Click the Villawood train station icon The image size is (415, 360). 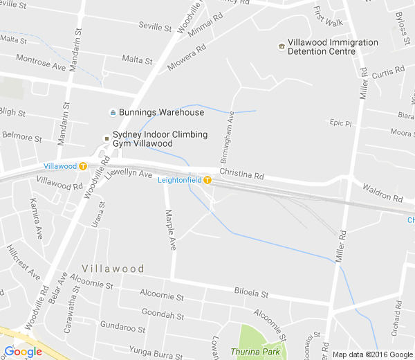coord(83,166)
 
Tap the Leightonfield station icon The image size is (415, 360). coord(207,181)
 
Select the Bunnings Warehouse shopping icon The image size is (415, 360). coord(112,113)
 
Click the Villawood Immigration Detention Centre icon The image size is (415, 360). coord(282,47)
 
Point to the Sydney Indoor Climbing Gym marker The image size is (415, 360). coord(107,138)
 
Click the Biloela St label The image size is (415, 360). coord(250,293)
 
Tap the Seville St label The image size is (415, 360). coord(154,27)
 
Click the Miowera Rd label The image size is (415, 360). coord(187,59)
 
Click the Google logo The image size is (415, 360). coord(23,352)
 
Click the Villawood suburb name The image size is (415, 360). coord(113,269)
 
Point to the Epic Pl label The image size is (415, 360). coord(341,123)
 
